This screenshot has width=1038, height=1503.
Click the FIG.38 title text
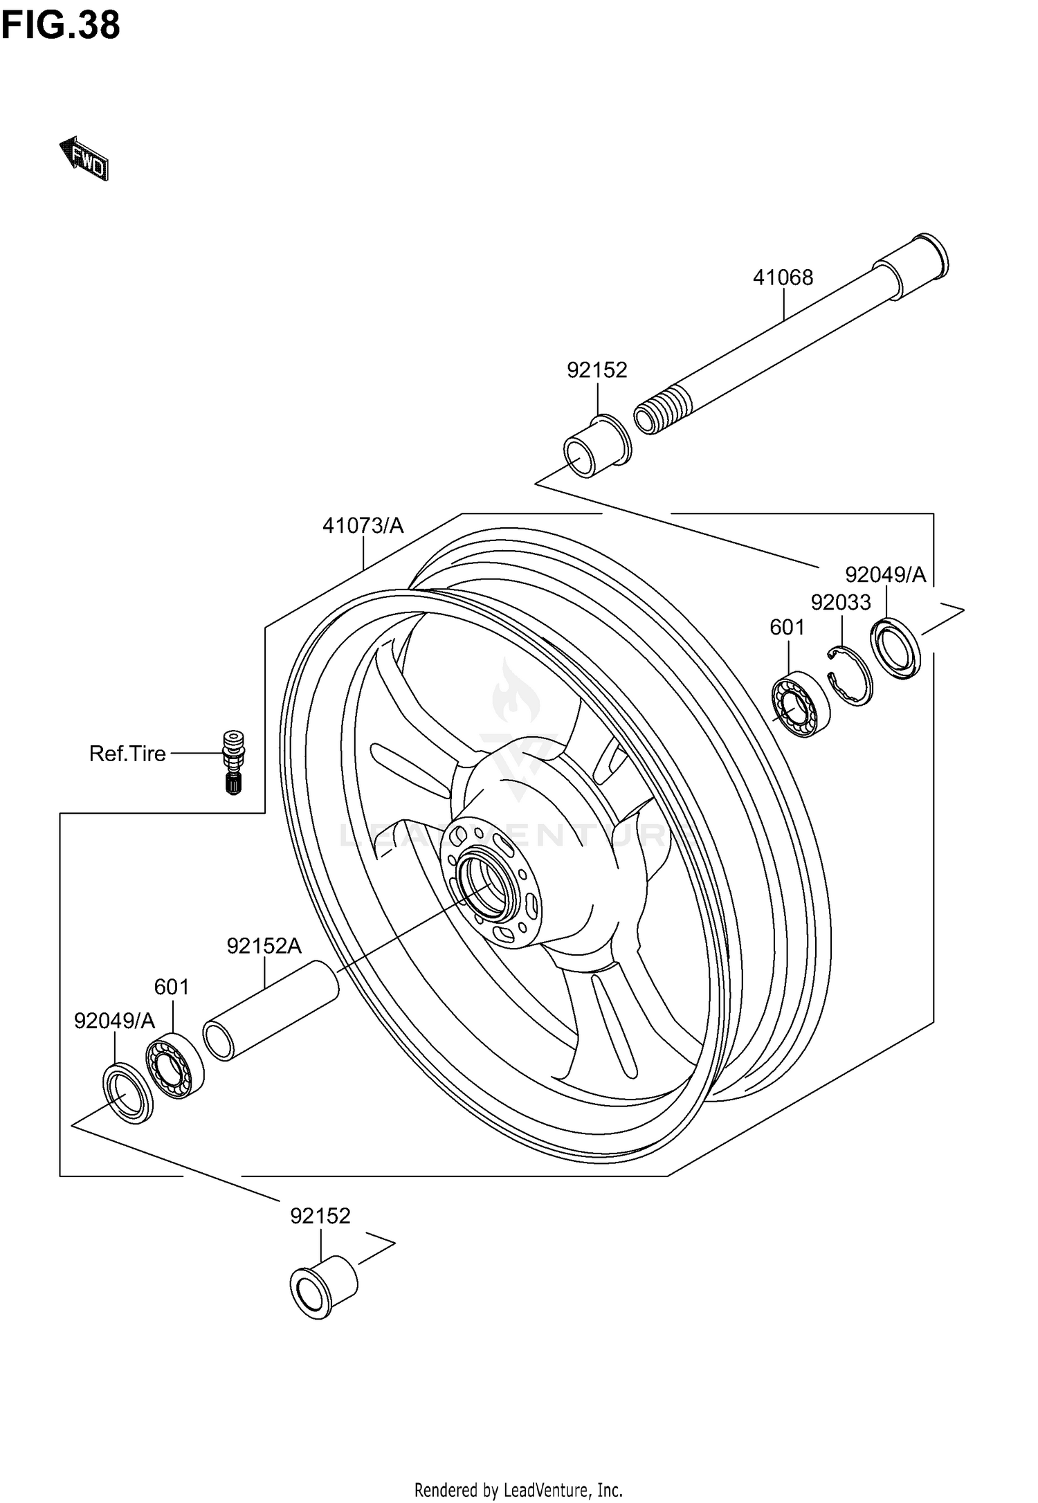(61, 26)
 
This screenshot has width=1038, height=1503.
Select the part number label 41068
(783, 277)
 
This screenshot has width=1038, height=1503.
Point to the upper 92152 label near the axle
(597, 370)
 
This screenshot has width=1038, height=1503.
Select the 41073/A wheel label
(363, 526)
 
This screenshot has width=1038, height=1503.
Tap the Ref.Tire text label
(127, 754)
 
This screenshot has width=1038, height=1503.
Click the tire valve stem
(233, 762)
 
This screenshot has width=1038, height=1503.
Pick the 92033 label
(841, 603)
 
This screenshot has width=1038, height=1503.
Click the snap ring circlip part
(850, 676)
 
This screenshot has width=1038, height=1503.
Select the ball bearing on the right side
(801, 704)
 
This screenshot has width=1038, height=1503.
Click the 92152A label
(264, 946)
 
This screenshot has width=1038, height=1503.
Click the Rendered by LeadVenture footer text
(518, 1485)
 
